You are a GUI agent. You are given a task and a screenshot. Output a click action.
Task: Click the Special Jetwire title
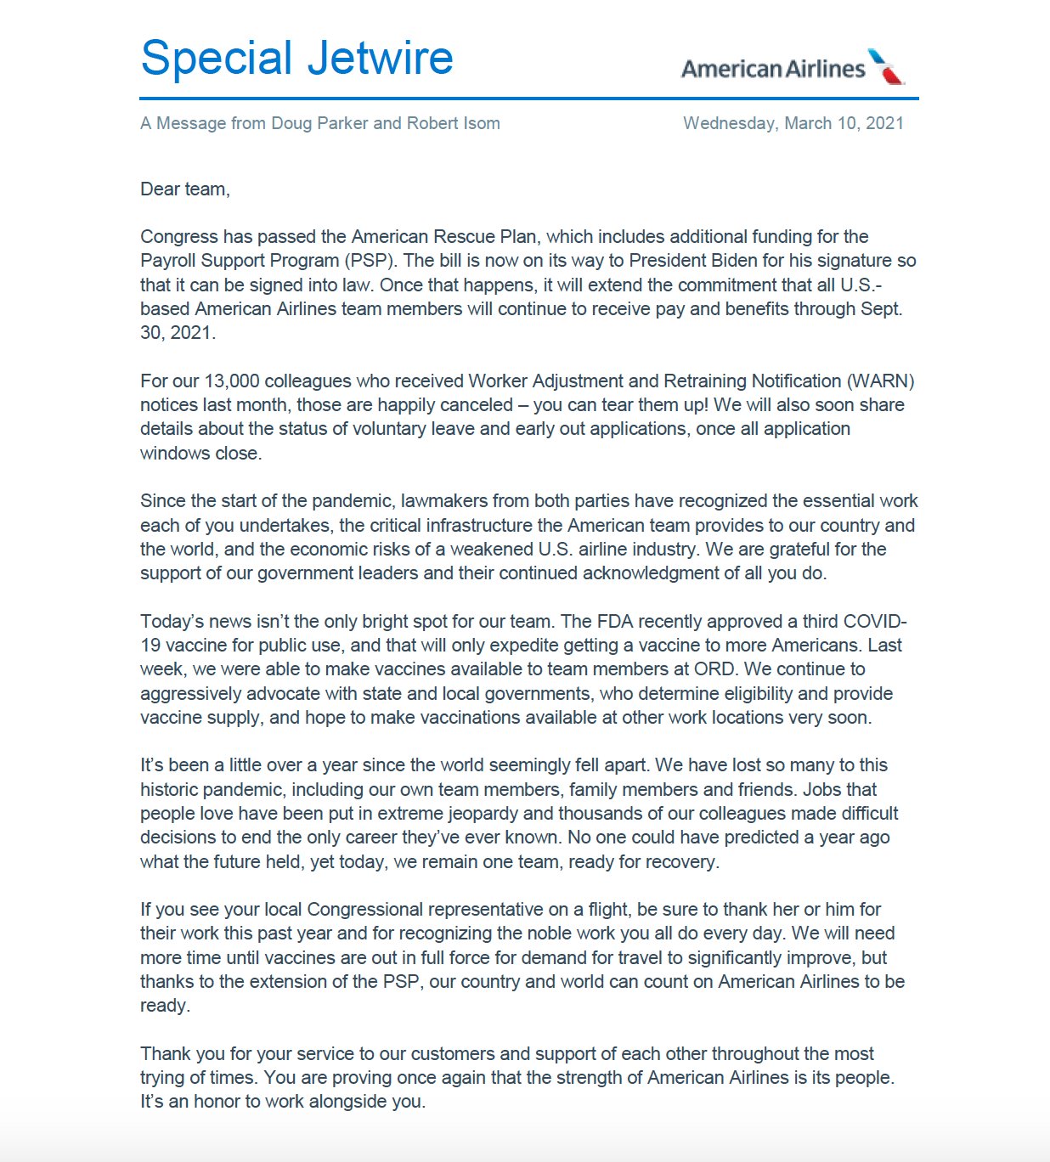(296, 58)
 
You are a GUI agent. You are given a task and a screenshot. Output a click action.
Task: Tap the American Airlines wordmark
(773, 69)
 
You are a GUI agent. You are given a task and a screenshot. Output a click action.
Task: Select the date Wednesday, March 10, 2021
(793, 123)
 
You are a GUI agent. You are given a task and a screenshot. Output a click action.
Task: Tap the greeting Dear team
(184, 189)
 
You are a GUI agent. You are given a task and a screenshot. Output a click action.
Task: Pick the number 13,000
(232, 381)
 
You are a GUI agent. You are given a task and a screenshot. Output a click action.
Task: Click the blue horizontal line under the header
(529, 99)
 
